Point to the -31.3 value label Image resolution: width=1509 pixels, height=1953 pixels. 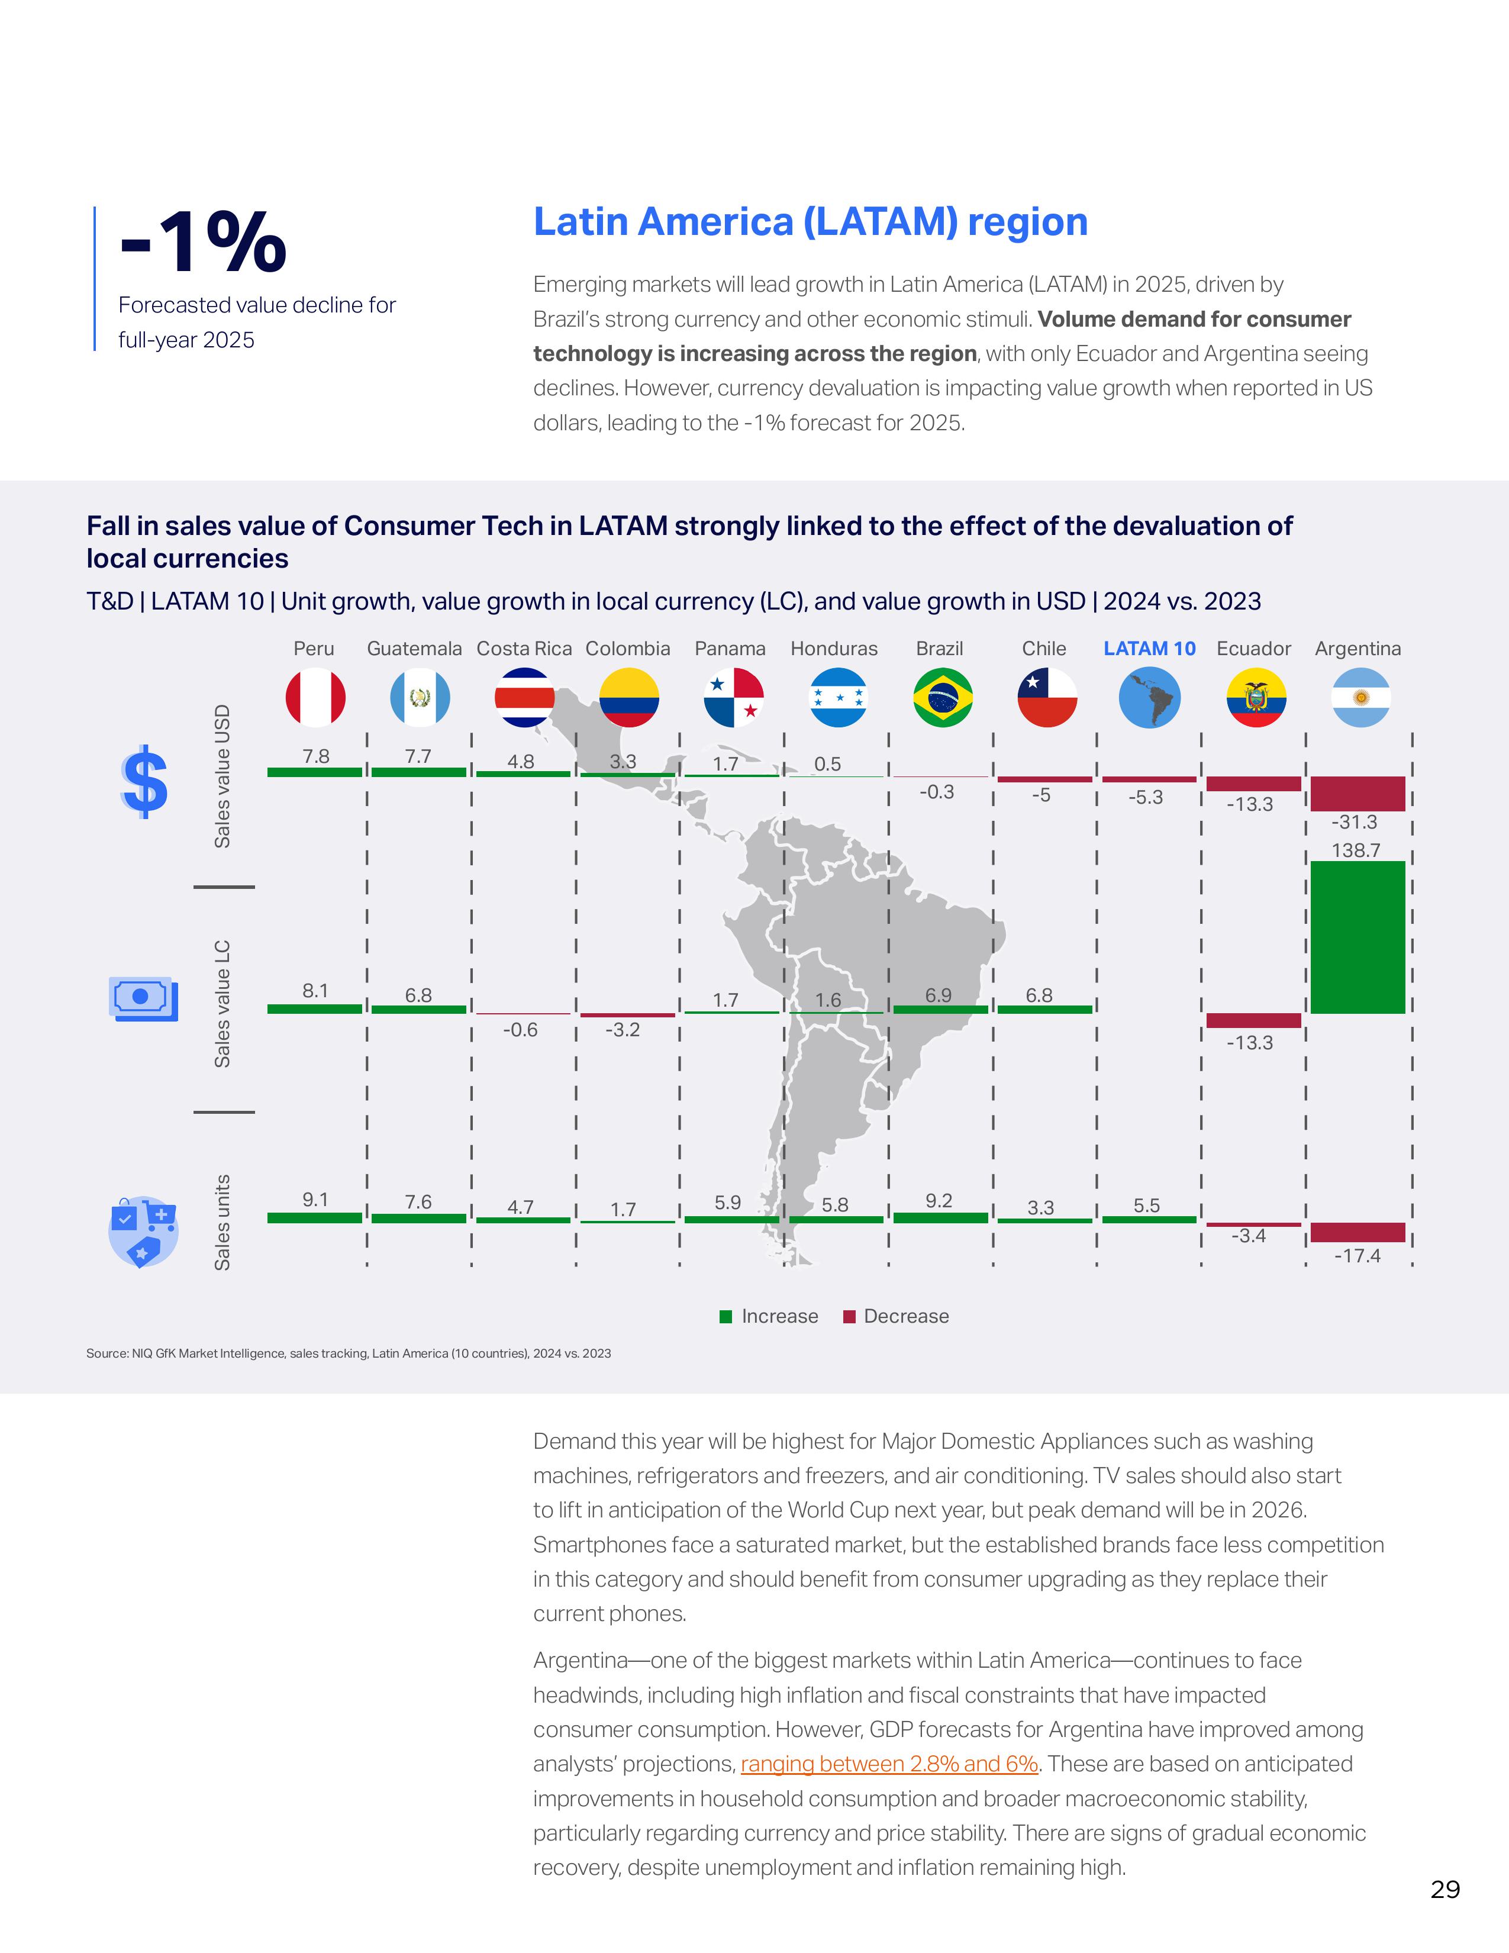tap(1355, 822)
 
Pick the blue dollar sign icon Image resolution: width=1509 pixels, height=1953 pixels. tap(144, 782)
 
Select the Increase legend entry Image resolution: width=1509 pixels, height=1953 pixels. tap(770, 1316)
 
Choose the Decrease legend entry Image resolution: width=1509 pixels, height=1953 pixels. tap(897, 1316)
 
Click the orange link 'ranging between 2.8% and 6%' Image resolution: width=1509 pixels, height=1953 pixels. tap(889, 1764)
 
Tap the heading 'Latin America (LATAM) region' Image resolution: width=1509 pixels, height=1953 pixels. tap(810, 222)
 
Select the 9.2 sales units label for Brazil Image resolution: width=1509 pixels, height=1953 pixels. tap(939, 1200)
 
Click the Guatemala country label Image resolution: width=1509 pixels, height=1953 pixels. tap(414, 648)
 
